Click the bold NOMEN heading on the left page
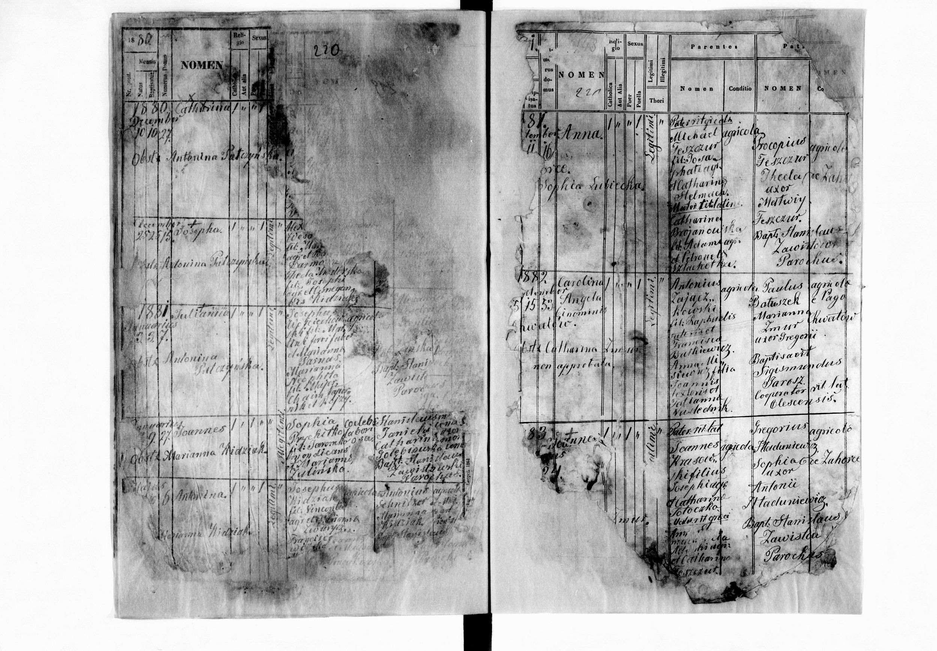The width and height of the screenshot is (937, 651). (x=202, y=65)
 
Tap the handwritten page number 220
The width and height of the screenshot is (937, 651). (x=325, y=51)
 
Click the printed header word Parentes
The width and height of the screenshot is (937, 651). (x=714, y=46)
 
